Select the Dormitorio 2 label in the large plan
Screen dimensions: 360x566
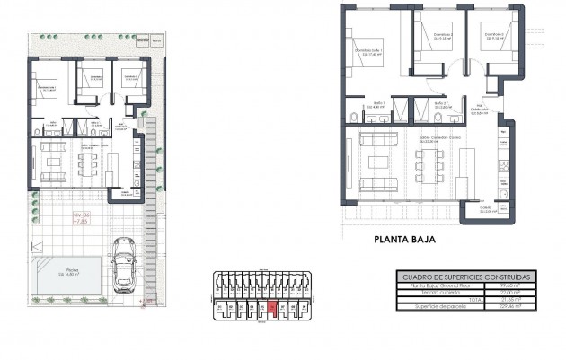click(441, 37)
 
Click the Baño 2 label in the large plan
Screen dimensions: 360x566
click(439, 106)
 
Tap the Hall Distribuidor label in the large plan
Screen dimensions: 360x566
click(481, 110)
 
